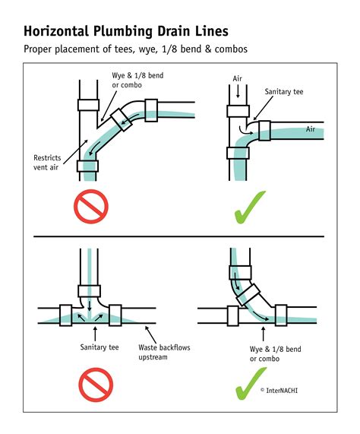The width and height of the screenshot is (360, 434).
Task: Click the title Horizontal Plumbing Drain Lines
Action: tap(125, 32)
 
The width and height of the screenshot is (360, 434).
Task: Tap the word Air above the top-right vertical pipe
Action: tap(238, 78)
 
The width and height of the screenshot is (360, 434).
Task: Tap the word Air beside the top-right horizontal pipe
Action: tap(310, 130)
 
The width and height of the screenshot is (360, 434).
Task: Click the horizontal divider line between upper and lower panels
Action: tap(179, 236)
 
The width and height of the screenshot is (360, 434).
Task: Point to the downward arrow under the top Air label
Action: tap(238, 92)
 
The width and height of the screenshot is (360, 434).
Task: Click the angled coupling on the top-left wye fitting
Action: tap(121, 116)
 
